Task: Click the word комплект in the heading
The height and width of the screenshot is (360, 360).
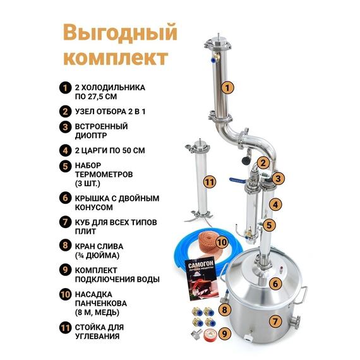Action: (117, 57)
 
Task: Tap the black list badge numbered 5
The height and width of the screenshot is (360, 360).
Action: (64, 167)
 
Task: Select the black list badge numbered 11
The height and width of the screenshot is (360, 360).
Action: (64, 327)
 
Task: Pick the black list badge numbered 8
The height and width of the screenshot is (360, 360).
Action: (64, 246)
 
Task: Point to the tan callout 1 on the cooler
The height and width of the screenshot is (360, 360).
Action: (229, 87)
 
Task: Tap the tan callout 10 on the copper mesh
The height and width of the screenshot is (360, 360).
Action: (222, 241)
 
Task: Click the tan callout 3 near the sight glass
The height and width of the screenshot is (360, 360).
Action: (277, 179)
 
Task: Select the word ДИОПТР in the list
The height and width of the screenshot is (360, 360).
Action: (93, 135)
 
